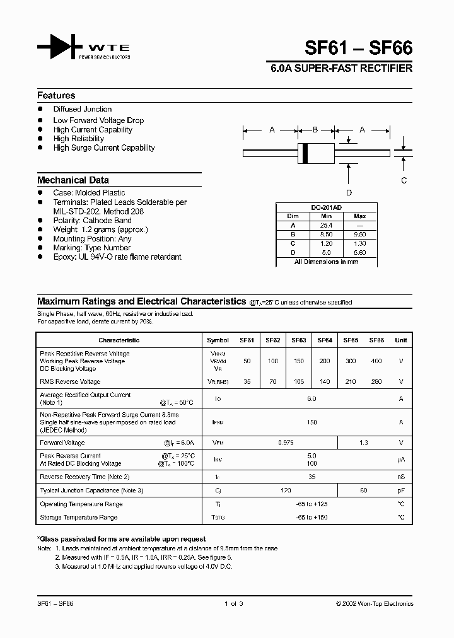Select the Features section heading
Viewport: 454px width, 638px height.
coord(56,96)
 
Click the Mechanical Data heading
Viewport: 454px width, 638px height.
coord(73,180)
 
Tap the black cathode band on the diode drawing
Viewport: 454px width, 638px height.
coord(306,153)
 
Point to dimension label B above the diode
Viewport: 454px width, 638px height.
coord(315,130)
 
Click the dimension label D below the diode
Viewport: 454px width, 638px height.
coord(349,192)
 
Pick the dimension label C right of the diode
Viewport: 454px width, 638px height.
coord(404,180)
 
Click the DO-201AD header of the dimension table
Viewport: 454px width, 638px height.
coord(327,207)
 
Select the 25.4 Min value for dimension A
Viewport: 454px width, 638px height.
coord(326,225)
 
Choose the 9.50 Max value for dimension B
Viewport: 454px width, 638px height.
coord(360,234)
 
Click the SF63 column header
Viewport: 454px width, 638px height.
coord(299,340)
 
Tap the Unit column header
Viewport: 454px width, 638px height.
coord(400,340)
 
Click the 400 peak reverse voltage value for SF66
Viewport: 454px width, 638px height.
coord(376,361)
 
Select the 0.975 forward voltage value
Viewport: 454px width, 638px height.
coord(286,443)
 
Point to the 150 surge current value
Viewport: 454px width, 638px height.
coord(311,422)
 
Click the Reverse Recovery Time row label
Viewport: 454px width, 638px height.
coord(84,477)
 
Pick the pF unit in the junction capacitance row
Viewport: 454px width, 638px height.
coord(400,490)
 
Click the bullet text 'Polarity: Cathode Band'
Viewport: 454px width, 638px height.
coord(92,221)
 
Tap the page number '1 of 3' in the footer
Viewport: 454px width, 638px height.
coord(233,603)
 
